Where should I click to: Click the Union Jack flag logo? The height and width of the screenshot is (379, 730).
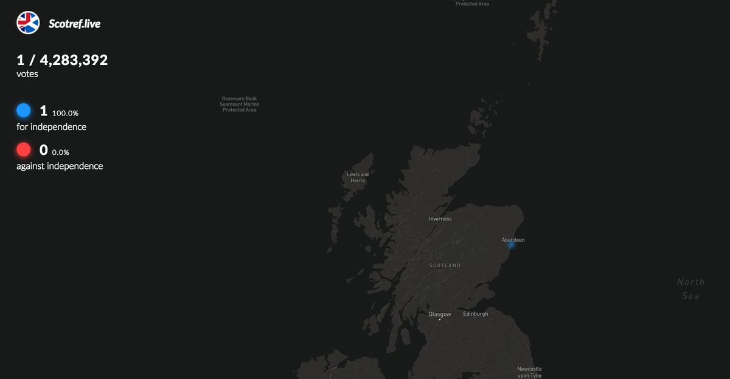point(28,22)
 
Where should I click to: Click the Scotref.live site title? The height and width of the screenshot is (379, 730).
point(74,24)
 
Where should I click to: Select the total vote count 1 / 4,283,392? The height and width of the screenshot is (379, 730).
point(62,60)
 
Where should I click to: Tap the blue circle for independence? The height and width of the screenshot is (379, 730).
point(24,111)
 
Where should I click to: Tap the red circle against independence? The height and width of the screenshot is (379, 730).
point(24,149)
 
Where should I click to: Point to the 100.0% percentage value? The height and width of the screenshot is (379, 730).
point(65,114)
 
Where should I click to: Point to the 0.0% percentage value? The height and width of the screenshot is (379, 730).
point(61,152)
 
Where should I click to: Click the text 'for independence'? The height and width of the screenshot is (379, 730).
point(51,127)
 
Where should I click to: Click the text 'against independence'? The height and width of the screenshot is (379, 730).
point(60,166)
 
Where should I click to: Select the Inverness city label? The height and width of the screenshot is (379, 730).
point(440,219)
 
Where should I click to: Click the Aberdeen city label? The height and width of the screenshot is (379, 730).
point(513,240)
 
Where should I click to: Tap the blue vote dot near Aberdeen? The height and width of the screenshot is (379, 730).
point(511,245)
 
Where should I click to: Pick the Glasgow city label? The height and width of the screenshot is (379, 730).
point(440,314)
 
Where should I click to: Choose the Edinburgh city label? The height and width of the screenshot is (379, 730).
point(476,314)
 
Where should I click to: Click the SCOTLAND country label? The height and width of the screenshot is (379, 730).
point(445,266)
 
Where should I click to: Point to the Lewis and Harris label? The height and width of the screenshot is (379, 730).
point(358,177)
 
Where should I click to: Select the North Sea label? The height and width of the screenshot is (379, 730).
point(690,289)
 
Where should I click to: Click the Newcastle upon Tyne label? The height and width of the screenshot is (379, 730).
point(529,372)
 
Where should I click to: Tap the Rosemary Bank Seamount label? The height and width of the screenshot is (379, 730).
point(239,104)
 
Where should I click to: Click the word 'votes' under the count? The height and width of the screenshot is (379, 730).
point(27,74)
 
